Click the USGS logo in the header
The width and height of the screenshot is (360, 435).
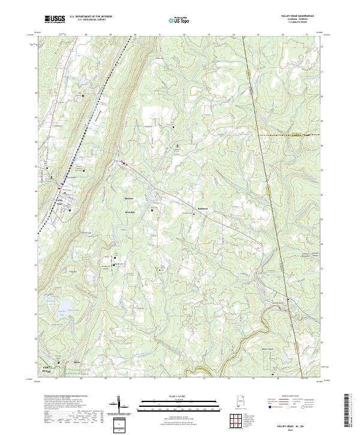[55, 19]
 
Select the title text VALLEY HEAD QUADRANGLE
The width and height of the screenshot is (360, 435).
[298, 17]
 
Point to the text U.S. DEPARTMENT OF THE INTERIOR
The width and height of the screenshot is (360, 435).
[91, 17]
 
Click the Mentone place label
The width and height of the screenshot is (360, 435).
[128, 199]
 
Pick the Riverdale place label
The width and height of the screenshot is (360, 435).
[130, 212]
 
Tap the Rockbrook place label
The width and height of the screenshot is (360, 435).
[203, 209]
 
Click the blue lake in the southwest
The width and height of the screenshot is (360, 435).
[62, 312]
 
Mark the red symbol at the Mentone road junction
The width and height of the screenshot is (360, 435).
[124, 163]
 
